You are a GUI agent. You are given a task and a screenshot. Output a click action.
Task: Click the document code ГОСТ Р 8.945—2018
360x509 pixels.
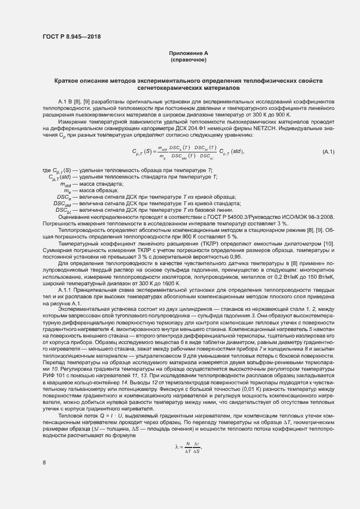tap(71, 37)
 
